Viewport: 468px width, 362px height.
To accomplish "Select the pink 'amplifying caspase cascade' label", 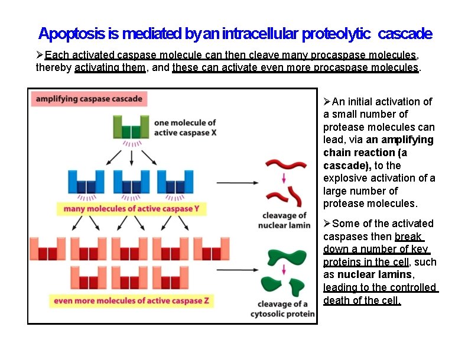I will (89, 99).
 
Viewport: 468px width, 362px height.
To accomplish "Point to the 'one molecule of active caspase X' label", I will (185, 128).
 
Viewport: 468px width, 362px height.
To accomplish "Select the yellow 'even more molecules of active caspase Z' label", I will (131, 300).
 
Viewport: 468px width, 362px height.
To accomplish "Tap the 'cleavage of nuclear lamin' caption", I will (284, 220).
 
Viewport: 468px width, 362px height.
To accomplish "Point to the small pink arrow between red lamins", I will (284, 178).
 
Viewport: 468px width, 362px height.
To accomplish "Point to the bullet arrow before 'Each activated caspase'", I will (40, 55).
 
